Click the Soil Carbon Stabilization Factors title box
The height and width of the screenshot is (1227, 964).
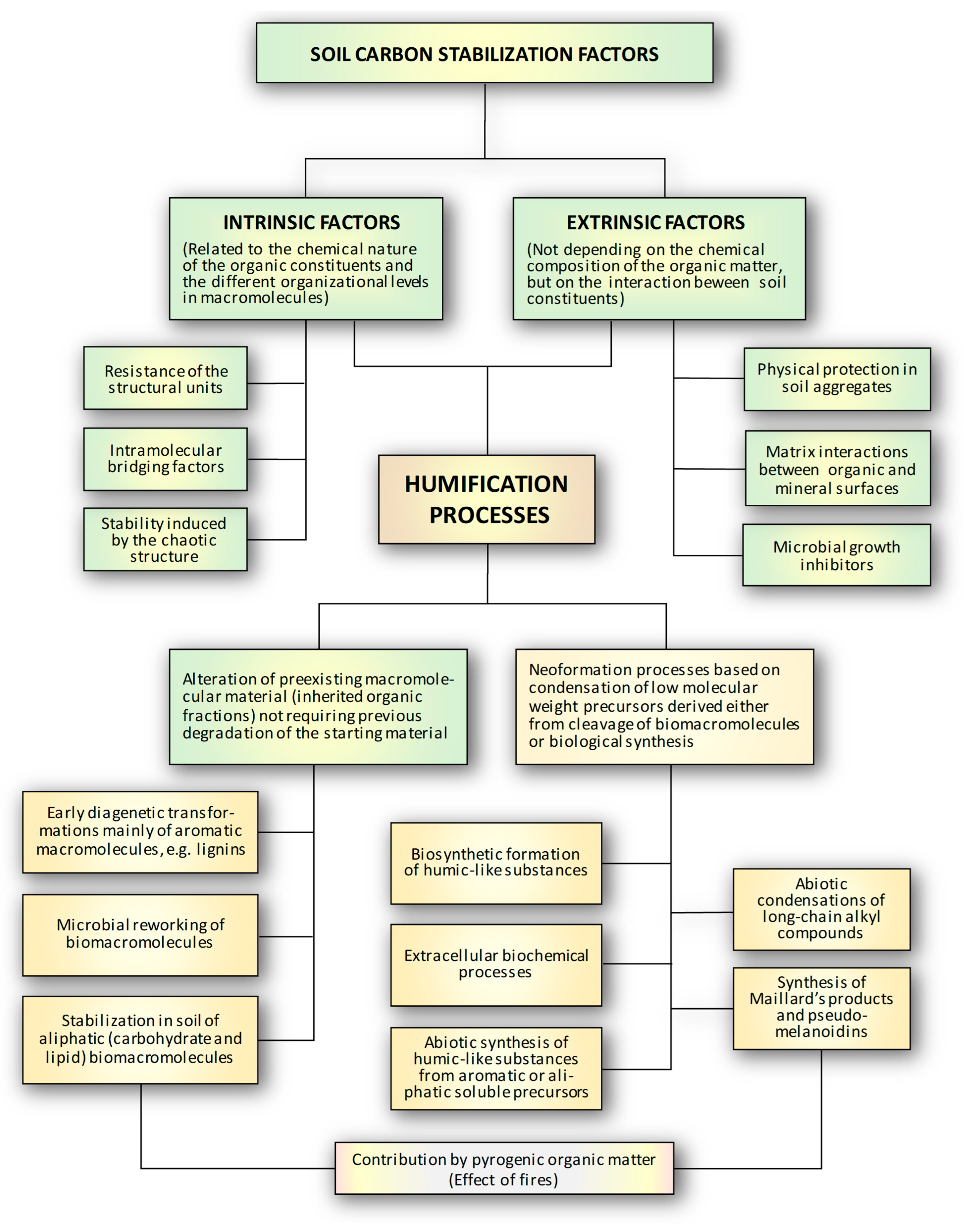tap(484, 53)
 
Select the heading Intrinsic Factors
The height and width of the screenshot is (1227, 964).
tap(312, 222)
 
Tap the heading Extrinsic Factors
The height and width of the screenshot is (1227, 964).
tap(656, 222)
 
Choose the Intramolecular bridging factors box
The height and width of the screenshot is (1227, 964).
tap(165, 459)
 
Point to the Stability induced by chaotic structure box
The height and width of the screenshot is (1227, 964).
tap(165, 540)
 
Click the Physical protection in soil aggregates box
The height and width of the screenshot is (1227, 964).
tap(837, 379)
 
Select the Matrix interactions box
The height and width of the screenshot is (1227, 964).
tap(837, 469)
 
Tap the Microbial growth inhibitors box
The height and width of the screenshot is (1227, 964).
tap(836, 555)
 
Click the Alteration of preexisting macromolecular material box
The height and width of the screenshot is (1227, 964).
tap(318, 707)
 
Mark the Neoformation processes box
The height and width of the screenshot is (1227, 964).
tap(664, 707)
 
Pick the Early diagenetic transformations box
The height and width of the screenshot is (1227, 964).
tap(140, 832)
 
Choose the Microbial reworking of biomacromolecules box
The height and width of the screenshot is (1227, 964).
tap(140, 935)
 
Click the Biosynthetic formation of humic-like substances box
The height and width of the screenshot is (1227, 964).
tap(496, 863)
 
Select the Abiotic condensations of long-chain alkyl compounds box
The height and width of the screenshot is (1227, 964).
tap(821, 909)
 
